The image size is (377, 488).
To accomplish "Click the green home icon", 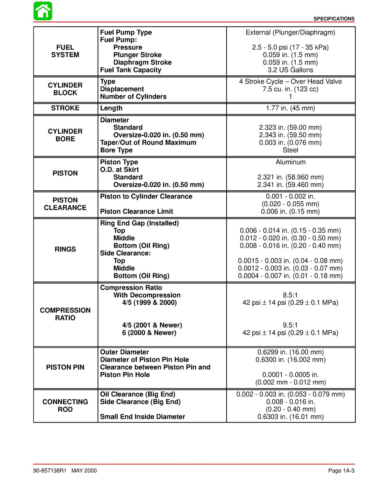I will click(43, 11).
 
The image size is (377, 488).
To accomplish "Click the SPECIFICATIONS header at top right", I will click(334, 19).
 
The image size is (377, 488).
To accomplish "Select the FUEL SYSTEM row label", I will click(65, 51).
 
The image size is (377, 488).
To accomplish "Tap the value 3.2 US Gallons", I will click(290, 70).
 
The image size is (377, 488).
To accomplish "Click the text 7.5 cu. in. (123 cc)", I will click(290, 89).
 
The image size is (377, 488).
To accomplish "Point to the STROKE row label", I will click(65, 108).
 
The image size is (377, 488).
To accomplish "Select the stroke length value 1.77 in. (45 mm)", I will click(290, 108).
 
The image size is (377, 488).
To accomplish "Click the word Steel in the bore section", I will click(290, 150).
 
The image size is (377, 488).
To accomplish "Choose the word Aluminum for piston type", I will click(290, 162).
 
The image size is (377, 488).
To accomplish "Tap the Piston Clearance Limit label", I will click(136, 211).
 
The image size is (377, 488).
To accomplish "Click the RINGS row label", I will click(65, 249).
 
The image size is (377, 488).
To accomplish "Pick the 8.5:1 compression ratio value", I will click(290, 295).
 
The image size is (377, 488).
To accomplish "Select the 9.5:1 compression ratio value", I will click(290, 325).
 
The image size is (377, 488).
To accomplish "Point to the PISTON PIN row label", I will click(65, 367).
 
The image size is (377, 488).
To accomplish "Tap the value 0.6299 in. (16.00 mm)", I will click(290, 352).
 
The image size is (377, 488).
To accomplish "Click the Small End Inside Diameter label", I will click(142, 417).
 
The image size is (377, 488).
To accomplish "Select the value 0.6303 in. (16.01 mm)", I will click(290, 417).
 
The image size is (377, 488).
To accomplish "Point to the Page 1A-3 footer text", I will click(341, 471).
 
